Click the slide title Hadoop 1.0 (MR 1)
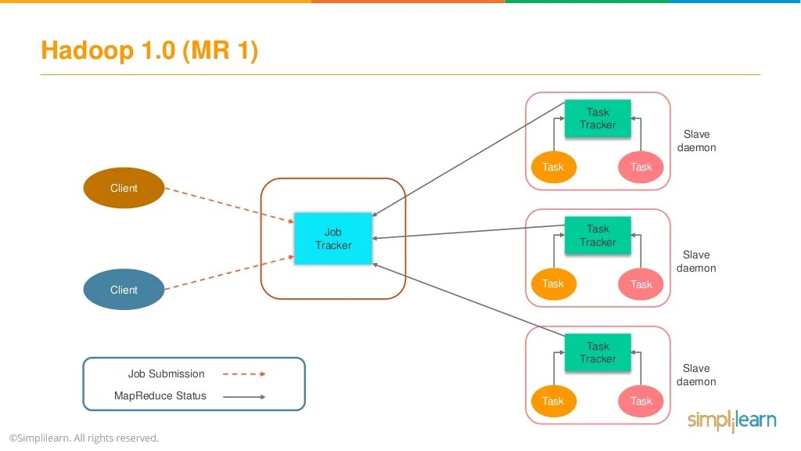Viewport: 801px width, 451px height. tap(149, 51)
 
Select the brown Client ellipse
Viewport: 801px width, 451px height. tap(124, 188)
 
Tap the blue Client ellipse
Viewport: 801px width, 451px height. tap(124, 290)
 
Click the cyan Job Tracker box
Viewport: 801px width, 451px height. tap(333, 239)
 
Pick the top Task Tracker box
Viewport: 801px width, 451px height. tap(598, 119)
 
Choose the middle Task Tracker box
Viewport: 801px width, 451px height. tap(598, 236)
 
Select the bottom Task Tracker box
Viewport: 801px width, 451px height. tap(598, 352)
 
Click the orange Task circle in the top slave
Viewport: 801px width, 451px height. tap(553, 167)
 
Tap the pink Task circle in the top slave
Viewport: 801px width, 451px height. tap(641, 167)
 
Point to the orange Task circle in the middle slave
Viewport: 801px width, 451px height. tap(553, 283)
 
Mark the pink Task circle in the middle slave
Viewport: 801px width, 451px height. tap(641, 284)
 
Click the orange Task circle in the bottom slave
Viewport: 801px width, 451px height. tap(553, 401)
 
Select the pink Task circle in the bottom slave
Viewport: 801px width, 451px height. tap(641, 401)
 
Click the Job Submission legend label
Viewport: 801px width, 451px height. tap(166, 374)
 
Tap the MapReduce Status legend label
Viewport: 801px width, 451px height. tap(160, 396)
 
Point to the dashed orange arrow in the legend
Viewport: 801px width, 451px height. tap(244, 374)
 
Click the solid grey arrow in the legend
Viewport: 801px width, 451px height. tap(244, 397)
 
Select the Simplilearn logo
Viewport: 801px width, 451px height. tap(731, 420)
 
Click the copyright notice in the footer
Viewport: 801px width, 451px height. tap(84, 438)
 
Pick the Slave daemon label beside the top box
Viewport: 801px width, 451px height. tap(696, 141)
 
